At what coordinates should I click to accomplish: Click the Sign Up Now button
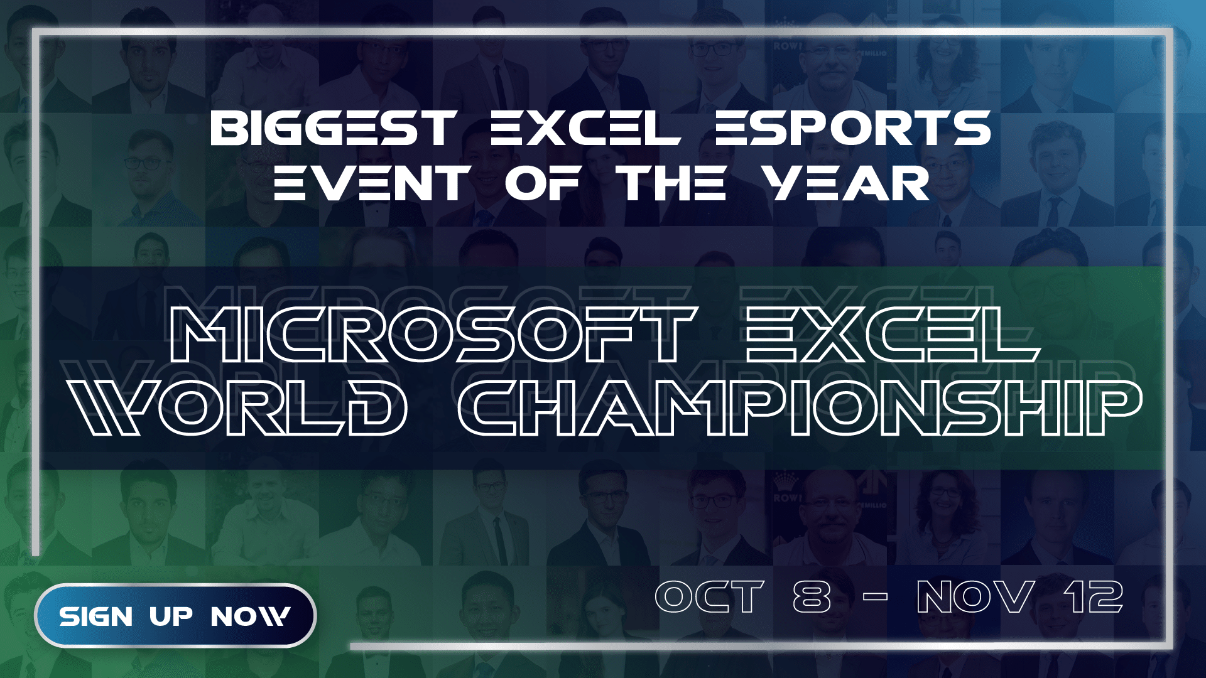pos(175,615)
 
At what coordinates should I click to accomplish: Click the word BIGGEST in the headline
pos(333,128)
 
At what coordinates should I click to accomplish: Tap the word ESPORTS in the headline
pos(852,128)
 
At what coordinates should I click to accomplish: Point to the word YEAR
pos(845,183)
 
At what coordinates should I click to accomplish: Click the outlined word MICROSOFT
pos(433,335)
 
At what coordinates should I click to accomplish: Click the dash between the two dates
pos(875,597)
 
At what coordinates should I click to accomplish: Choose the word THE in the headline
pos(673,183)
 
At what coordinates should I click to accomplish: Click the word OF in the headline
pos(542,183)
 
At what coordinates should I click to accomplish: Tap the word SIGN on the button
pos(96,616)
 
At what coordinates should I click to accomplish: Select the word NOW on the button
pos(250,616)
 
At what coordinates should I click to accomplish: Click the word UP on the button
pos(170,616)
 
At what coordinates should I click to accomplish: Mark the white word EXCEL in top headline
pos(585,128)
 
